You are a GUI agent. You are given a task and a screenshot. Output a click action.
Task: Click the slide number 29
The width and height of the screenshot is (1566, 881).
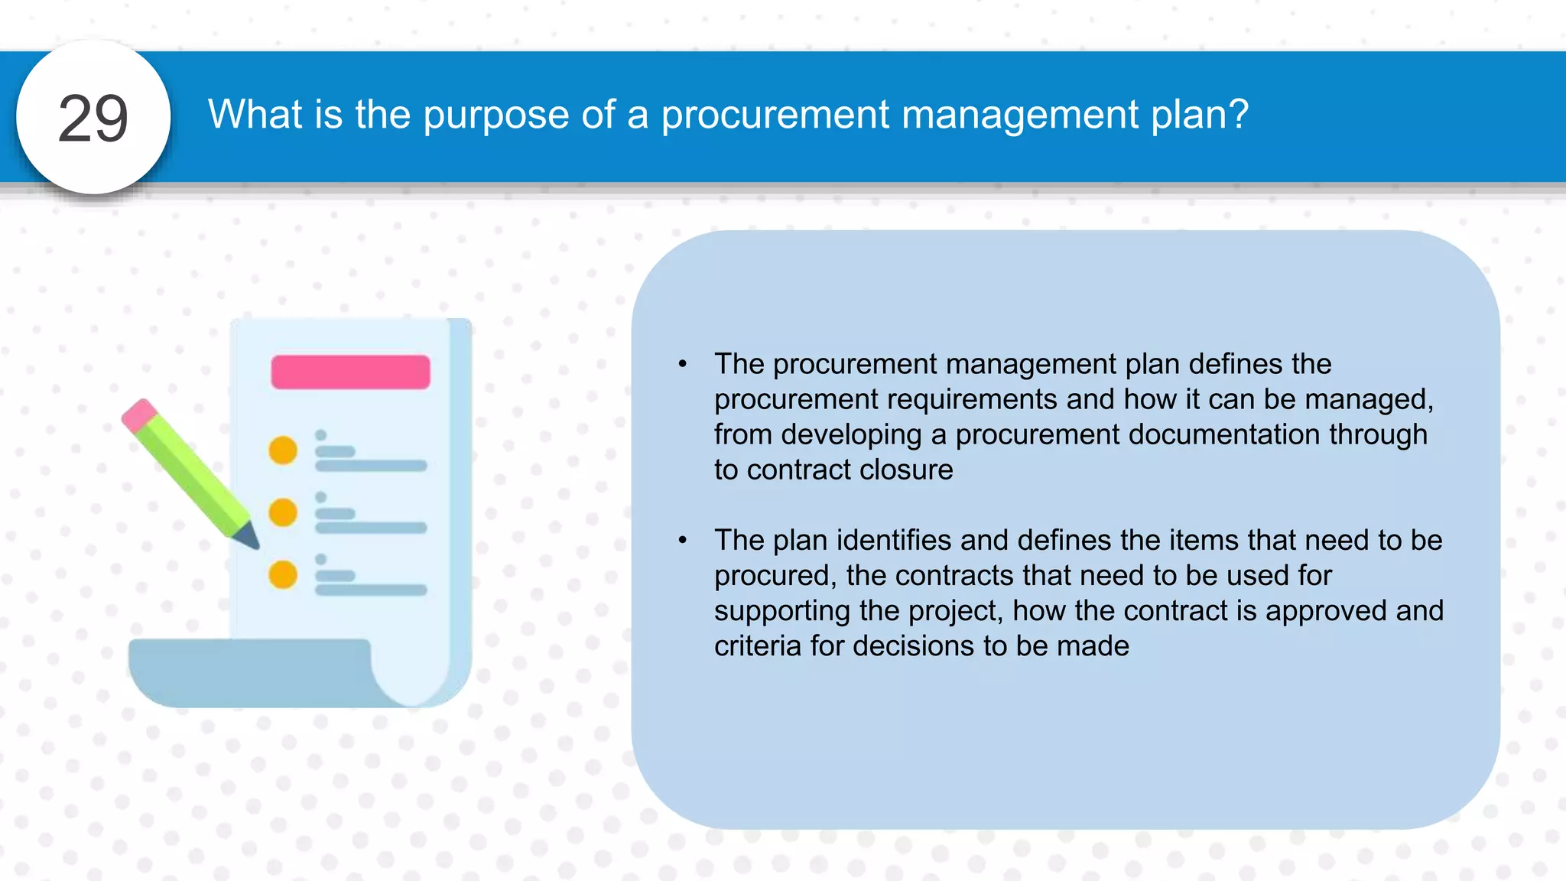[93, 119]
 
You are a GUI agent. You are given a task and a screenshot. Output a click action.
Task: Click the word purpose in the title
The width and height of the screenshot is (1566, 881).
[495, 115]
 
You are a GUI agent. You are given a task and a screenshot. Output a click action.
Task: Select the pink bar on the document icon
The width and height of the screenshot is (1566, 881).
[350, 372]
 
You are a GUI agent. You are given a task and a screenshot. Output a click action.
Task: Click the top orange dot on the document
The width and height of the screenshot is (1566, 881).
[283, 450]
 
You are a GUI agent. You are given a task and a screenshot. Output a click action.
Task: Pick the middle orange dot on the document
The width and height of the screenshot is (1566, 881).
[283, 512]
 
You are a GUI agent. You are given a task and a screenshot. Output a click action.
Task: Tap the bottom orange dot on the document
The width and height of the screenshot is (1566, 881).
[283, 574]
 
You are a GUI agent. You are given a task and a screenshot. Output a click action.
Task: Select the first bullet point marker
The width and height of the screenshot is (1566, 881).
[683, 364]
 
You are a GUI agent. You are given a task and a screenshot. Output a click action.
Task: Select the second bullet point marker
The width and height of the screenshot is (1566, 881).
[683, 541]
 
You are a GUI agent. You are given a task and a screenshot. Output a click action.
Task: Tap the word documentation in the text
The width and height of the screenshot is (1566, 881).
[1223, 434]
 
